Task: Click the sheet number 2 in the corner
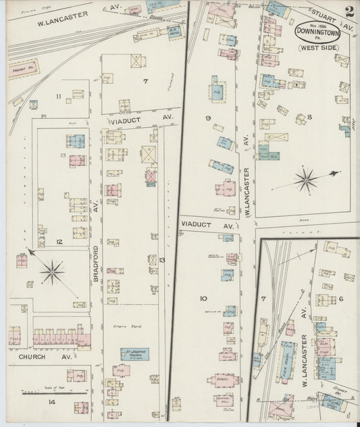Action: (349, 11)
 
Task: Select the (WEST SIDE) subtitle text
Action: (317, 47)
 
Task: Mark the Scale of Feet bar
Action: (54, 392)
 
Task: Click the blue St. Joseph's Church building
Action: (134, 353)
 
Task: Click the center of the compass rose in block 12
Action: (52, 272)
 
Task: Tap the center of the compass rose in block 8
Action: (307, 180)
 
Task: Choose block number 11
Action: (59, 97)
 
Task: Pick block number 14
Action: (51, 402)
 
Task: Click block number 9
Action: (208, 118)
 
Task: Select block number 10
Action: (203, 298)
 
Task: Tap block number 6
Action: (341, 299)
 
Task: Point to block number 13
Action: (161, 259)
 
